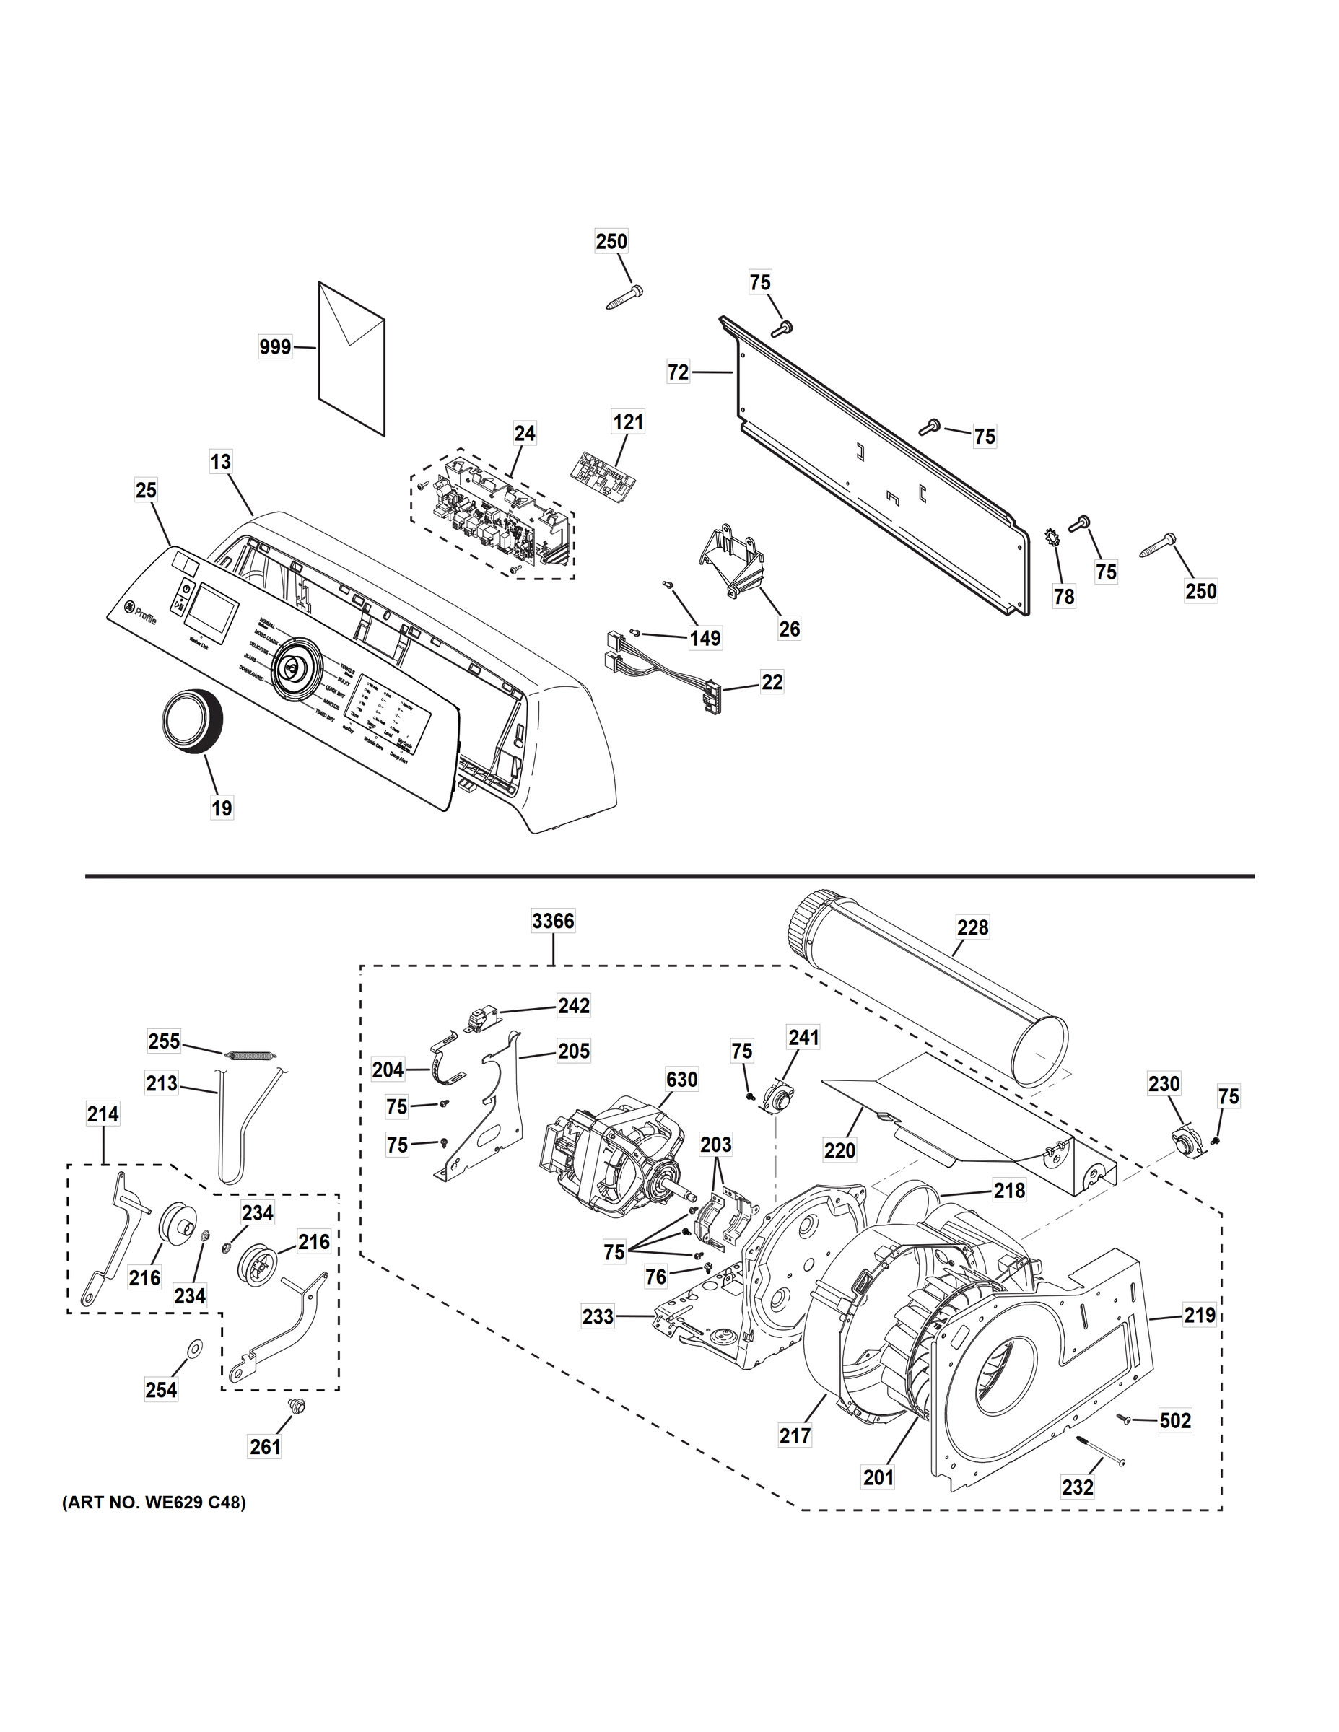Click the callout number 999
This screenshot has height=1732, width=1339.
pos(275,346)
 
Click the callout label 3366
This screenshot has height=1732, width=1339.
pos(553,922)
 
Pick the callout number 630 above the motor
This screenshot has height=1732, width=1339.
pos(681,1080)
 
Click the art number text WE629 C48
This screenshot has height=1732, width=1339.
pos(154,1503)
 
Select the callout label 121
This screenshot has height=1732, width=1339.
pos(627,422)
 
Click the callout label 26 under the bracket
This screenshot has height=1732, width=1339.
pos(789,629)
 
